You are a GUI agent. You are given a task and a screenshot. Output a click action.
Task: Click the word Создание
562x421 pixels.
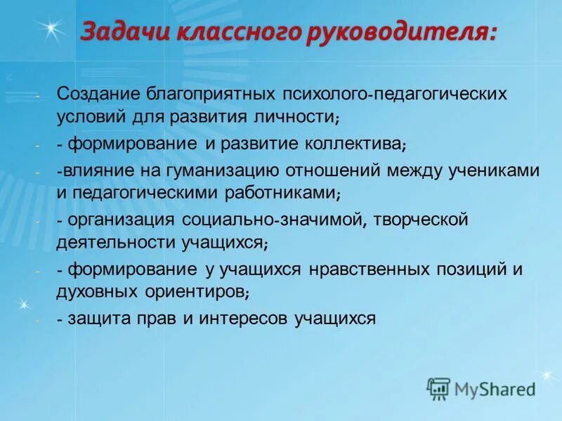pyautogui.click(x=98, y=93)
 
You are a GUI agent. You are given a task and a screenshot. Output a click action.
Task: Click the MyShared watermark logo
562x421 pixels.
pyautogui.click(x=482, y=388)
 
